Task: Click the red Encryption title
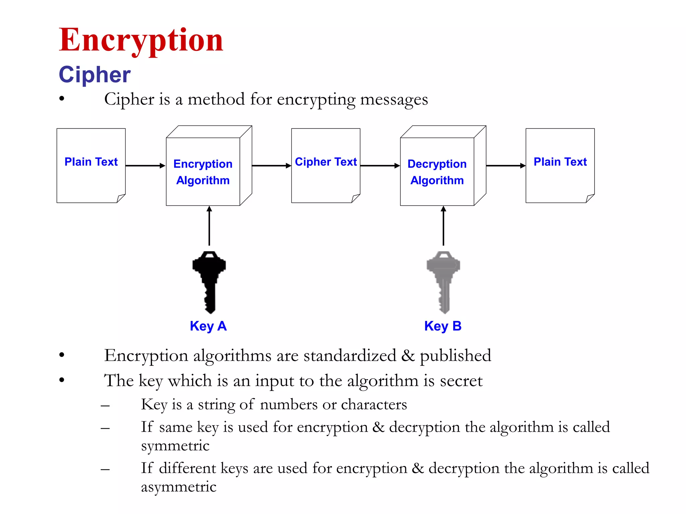pos(141,40)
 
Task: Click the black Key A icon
pos(209,281)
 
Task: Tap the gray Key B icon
pos(443,281)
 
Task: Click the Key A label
pos(208,326)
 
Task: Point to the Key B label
pos(443,326)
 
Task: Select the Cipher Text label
pos(326,162)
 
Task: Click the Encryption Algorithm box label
pos(203,172)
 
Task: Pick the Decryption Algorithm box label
pos(437,172)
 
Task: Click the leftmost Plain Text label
pos(91,162)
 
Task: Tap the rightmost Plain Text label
pos(560,162)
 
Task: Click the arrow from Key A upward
pos(209,226)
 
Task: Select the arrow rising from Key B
pos(443,226)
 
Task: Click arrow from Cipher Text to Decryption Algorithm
pos(380,166)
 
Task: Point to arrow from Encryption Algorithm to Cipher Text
pos(271,166)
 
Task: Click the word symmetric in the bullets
pos(175,446)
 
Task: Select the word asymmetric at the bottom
pos(179,487)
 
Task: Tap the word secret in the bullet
pos(461,381)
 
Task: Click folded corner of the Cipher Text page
pos(355,199)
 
